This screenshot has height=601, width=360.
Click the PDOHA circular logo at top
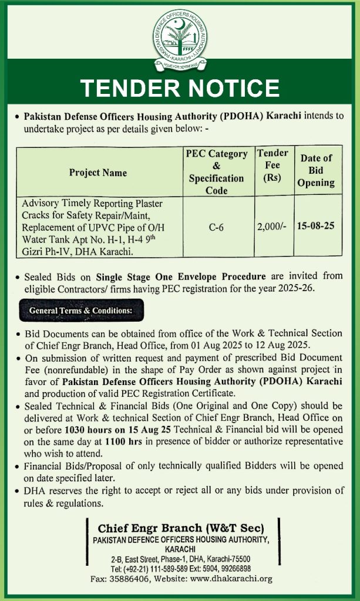tap(180, 36)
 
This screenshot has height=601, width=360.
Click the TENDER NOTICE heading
tap(180, 88)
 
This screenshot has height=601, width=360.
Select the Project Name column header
tap(97, 173)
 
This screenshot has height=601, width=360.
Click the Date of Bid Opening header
tap(317, 170)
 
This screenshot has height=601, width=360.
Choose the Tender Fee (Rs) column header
tap(272, 166)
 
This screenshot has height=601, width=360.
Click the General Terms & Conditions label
tap(77, 309)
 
